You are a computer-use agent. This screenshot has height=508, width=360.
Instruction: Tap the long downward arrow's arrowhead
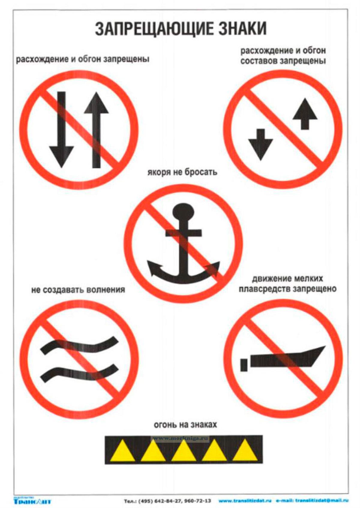(61, 157)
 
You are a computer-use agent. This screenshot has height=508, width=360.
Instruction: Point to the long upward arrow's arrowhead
(97, 103)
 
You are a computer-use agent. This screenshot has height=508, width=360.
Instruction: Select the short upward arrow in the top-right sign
(305, 114)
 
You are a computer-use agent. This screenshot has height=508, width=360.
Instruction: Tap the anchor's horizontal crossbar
(183, 233)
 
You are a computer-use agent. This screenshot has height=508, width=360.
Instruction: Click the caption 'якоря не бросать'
(182, 173)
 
